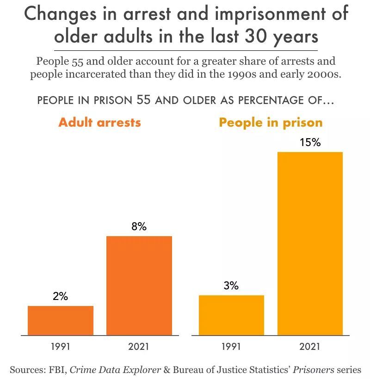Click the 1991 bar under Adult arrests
61,320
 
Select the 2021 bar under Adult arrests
139,286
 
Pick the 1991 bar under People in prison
231,315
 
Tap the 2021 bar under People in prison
310,244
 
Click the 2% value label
60,297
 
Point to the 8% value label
139,226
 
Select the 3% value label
231,286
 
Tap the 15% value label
310,142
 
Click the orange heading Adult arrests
99,122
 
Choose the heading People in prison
271,122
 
